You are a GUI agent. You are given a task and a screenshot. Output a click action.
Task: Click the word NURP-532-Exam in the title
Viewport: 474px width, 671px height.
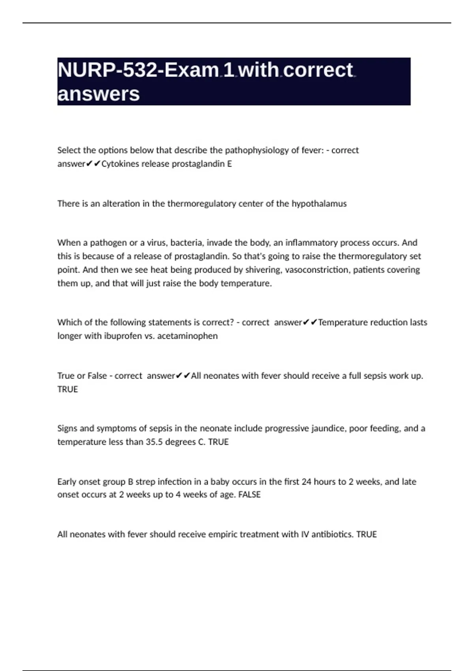coord(138,70)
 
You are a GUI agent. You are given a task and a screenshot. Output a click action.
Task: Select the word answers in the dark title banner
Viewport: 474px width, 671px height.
coord(98,94)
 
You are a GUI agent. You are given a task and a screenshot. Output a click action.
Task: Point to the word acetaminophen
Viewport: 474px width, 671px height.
coord(187,336)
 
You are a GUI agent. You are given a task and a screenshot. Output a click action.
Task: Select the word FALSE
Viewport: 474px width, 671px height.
coord(249,495)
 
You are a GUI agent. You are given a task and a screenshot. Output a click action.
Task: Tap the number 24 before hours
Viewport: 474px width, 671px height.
coord(307,482)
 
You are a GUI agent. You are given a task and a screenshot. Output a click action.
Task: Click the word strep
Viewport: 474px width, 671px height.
coord(145,482)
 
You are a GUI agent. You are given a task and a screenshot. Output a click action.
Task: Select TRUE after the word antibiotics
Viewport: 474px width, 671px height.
coord(367,534)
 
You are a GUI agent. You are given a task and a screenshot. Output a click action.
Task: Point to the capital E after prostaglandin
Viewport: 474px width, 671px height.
coord(229,164)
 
